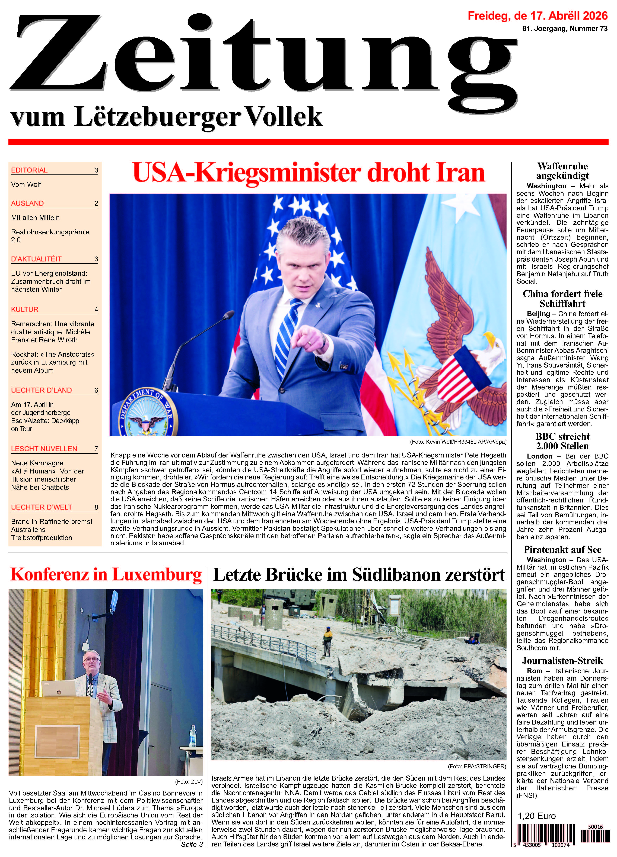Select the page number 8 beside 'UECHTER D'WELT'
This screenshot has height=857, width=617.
[x=96, y=507]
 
